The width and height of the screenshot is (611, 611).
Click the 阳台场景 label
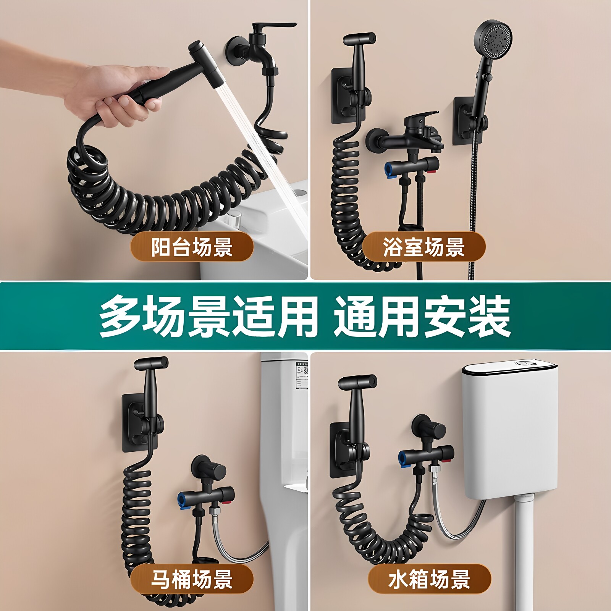click(x=192, y=247)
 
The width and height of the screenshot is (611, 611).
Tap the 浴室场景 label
click(x=424, y=247)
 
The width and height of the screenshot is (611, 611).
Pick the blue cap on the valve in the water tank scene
click(x=403, y=457)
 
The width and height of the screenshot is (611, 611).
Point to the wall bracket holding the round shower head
click(x=470, y=120)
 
